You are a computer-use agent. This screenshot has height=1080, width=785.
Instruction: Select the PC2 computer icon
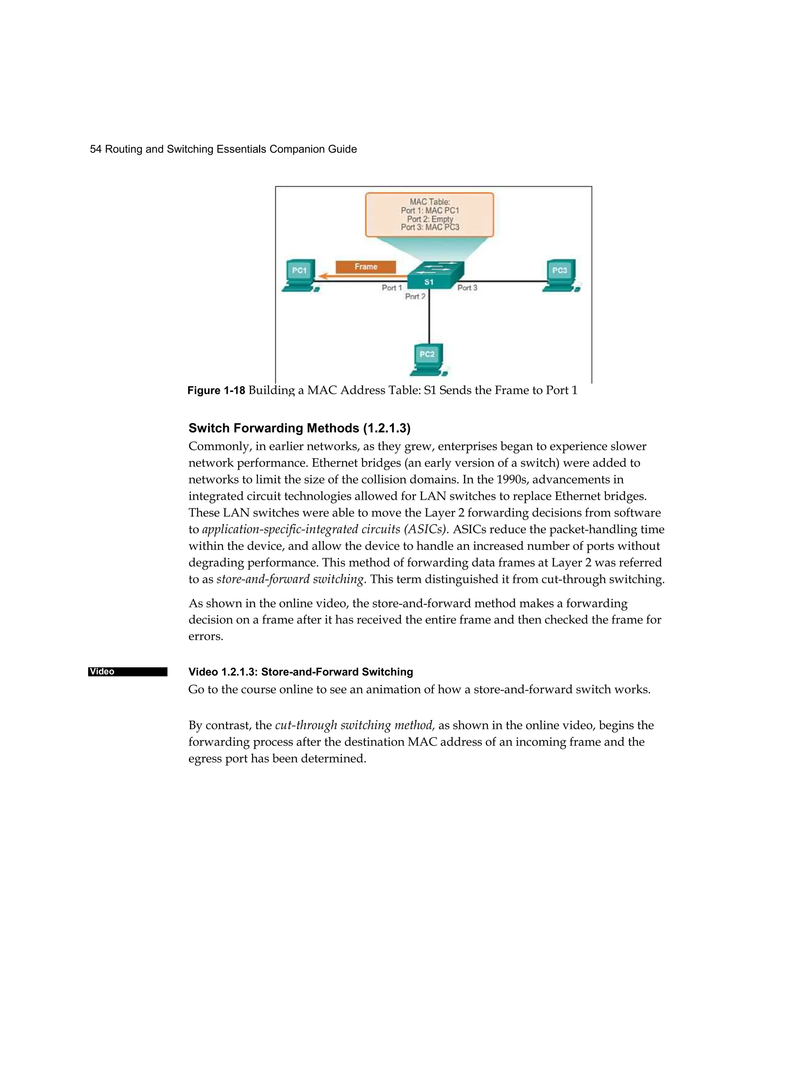coord(428,359)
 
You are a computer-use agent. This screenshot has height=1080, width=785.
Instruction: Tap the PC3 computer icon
coord(561,276)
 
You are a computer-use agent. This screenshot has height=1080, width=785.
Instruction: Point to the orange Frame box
coord(365,267)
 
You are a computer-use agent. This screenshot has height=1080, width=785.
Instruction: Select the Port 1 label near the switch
coord(392,287)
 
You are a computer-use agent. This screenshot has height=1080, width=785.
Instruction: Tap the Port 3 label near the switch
coord(467,287)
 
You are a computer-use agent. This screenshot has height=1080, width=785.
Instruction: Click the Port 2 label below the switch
coord(415,297)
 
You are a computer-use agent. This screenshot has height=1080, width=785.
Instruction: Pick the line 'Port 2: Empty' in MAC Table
coord(430,219)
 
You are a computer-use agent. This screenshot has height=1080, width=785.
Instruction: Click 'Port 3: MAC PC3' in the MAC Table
coord(430,228)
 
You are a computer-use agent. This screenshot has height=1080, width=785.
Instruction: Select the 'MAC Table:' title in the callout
coord(430,202)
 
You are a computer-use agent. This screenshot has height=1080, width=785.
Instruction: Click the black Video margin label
coord(127,672)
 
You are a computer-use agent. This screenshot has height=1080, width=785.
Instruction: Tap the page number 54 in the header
coord(96,149)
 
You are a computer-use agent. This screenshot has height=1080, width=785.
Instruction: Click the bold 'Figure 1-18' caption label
coord(216,391)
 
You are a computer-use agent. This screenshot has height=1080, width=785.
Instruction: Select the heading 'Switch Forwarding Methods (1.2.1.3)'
coord(299,428)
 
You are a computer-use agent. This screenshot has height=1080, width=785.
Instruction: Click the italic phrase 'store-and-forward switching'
coord(291,579)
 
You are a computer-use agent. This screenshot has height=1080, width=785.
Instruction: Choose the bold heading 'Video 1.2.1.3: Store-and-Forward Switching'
coord(301,672)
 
